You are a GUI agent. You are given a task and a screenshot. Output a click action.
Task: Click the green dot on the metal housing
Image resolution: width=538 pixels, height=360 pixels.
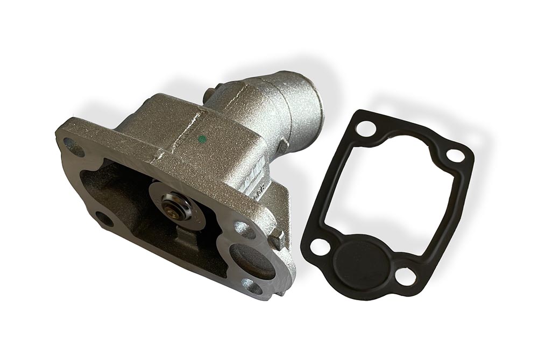pos(201,138)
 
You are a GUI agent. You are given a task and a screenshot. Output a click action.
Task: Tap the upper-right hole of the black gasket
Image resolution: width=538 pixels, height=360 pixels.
pos(455,156)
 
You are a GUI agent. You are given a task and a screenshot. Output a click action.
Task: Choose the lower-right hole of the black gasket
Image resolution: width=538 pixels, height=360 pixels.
pos(407,277)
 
